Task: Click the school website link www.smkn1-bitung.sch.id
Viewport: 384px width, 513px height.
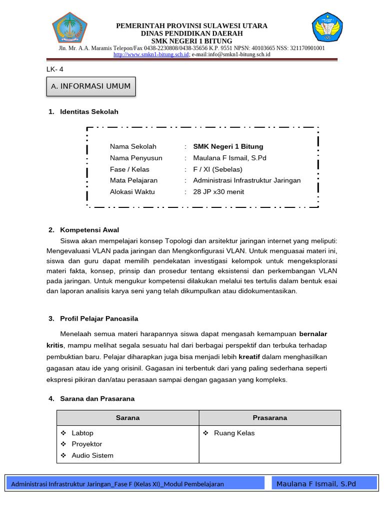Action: tap(151, 54)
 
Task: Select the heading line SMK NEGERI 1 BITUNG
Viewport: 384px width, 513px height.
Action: tap(191, 41)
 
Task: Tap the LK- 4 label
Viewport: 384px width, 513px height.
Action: tap(55, 70)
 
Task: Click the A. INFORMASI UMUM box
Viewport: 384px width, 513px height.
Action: tap(90, 86)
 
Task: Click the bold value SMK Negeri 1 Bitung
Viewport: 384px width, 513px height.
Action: tap(228, 146)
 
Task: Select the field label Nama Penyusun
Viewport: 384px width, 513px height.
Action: tap(136, 158)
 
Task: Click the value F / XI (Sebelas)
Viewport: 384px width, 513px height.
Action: tap(217, 169)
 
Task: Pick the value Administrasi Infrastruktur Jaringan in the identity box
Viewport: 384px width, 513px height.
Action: tap(247, 180)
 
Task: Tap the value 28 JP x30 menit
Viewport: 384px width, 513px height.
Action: tap(218, 191)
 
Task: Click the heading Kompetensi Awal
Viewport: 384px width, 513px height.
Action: tap(89, 230)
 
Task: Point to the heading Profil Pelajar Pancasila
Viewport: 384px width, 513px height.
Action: tap(99, 319)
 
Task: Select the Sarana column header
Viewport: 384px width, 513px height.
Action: tap(128, 418)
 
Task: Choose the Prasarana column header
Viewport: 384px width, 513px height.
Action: tap(270, 418)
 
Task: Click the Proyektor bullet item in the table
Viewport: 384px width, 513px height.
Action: tap(86, 444)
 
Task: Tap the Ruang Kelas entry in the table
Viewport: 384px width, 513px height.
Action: tap(234, 433)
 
